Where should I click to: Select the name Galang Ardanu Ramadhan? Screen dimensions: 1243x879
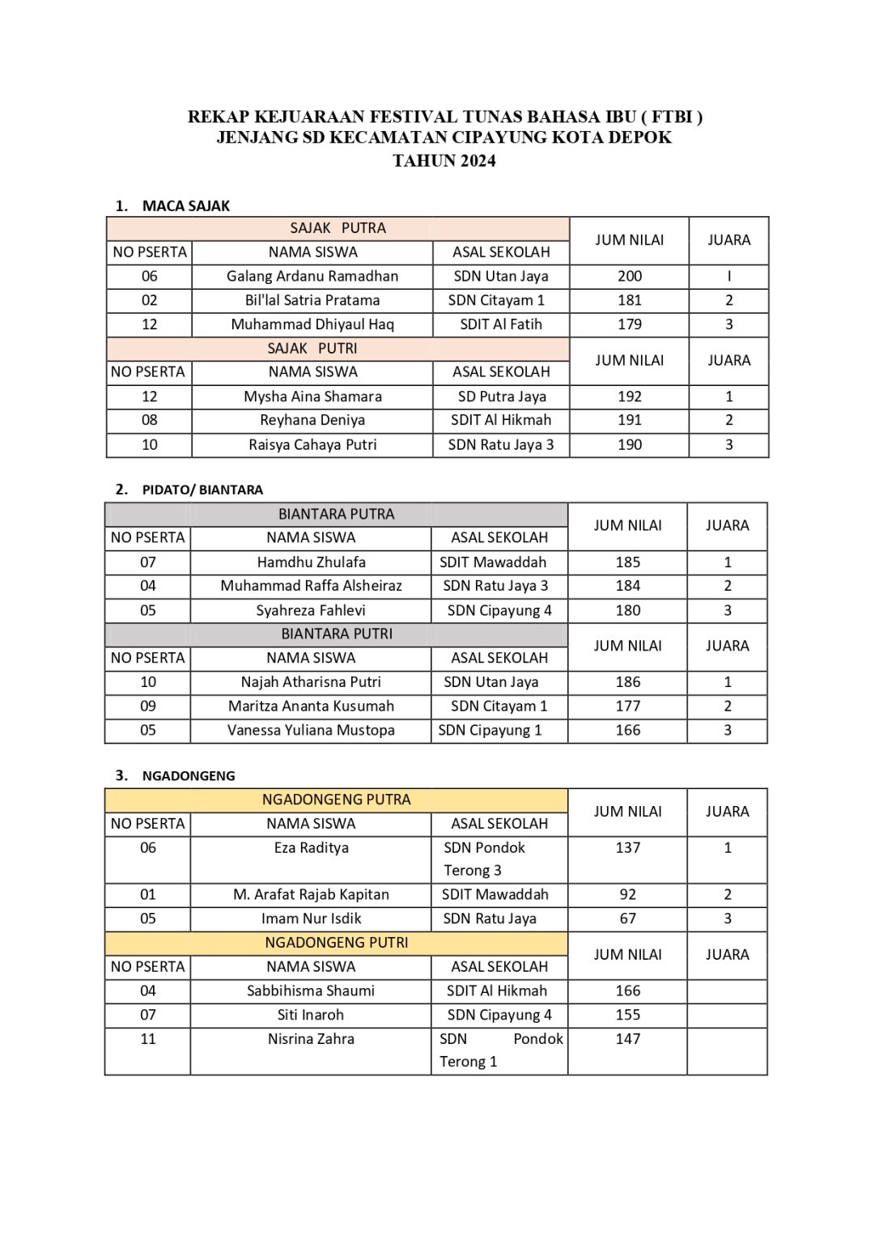pyautogui.click(x=312, y=276)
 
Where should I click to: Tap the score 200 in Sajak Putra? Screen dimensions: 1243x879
pyautogui.click(x=630, y=276)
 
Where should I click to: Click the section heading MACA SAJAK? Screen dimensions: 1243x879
pyautogui.click(x=185, y=206)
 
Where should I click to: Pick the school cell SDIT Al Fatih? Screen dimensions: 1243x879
pyautogui.click(x=501, y=325)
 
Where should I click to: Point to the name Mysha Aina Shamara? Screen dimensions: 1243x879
pyautogui.click(x=312, y=397)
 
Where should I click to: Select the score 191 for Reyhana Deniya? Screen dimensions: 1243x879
pyautogui.click(x=630, y=420)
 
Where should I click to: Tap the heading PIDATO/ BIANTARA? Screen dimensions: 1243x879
pyautogui.click(x=202, y=490)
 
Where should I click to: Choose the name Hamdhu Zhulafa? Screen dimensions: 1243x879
pyautogui.click(x=311, y=562)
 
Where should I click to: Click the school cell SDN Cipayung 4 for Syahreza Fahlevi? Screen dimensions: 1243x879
pyautogui.click(x=499, y=610)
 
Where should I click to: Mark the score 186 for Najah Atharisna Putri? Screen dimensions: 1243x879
pyautogui.click(x=628, y=682)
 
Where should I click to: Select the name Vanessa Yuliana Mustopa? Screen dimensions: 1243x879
pyautogui.click(x=311, y=730)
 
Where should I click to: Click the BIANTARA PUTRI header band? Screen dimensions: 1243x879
pyautogui.click(x=337, y=634)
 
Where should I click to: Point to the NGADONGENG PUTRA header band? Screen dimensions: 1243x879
pyautogui.click(x=337, y=800)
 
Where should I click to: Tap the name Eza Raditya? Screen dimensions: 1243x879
pyautogui.click(x=311, y=848)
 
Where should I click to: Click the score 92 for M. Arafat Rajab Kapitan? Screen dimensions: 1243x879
pyautogui.click(x=628, y=894)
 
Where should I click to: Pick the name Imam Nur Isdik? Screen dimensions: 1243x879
pyautogui.click(x=311, y=918)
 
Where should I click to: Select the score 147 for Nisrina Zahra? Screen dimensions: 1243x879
pyautogui.click(x=628, y=1039)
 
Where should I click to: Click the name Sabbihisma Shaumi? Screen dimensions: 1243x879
pyautogui.click(x=311, y=991)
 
